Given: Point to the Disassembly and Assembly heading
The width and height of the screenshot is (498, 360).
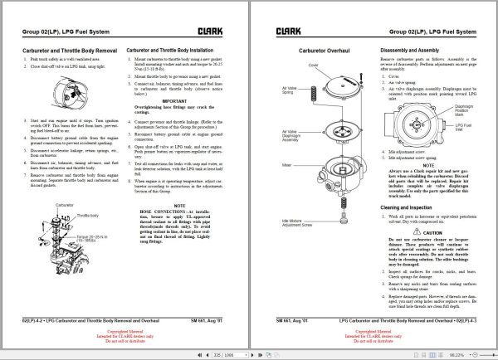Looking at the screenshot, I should tap(416, 51).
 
